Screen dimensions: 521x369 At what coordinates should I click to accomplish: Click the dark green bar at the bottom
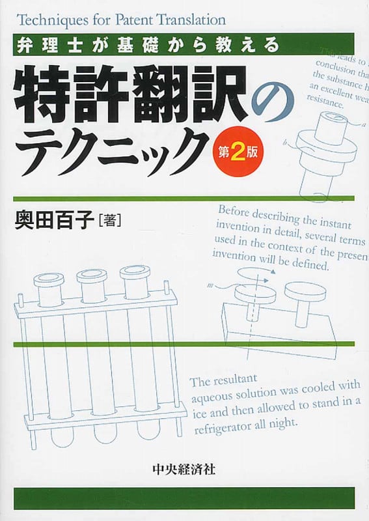point(184,498)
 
